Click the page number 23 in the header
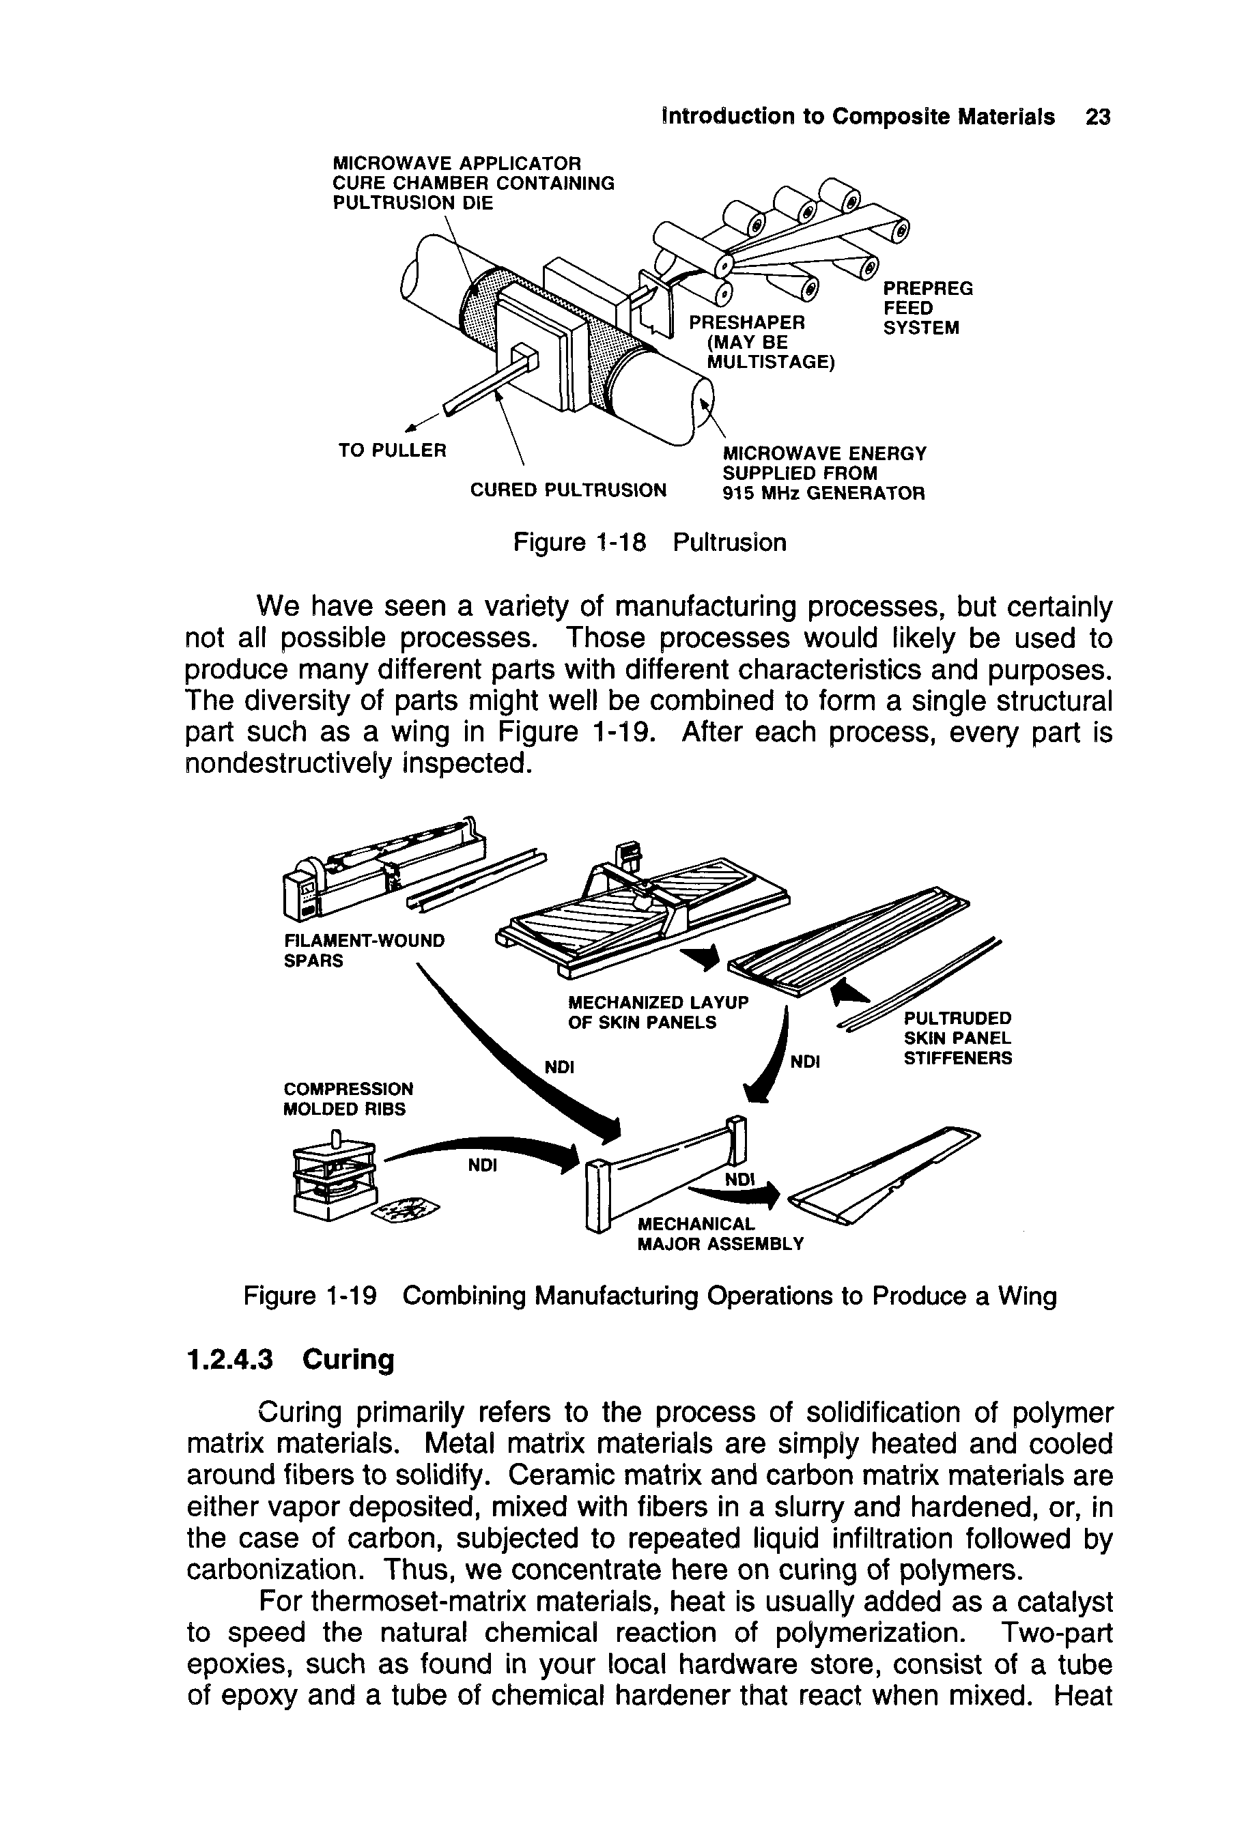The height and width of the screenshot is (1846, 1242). [1099, 117]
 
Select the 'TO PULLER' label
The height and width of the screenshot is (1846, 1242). [392, 451]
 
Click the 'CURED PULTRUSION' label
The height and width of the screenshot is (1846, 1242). [568, 491]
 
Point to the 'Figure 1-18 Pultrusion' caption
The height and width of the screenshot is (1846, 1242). [649, 543]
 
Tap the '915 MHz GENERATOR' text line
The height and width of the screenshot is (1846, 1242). [823, 494]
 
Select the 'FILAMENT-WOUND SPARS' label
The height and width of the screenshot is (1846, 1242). [363, 950]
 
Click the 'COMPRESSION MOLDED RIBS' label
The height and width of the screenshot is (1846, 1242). [348, 1098]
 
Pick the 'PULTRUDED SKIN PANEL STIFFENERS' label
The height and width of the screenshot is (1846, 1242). [958, 1038]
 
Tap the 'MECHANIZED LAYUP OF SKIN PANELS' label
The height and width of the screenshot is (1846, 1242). [658, 1012]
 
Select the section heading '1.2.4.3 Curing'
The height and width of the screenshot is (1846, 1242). [290, 1360]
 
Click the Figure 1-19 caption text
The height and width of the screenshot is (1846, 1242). [649, 1296]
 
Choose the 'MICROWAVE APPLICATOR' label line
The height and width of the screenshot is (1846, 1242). [456, 163]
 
